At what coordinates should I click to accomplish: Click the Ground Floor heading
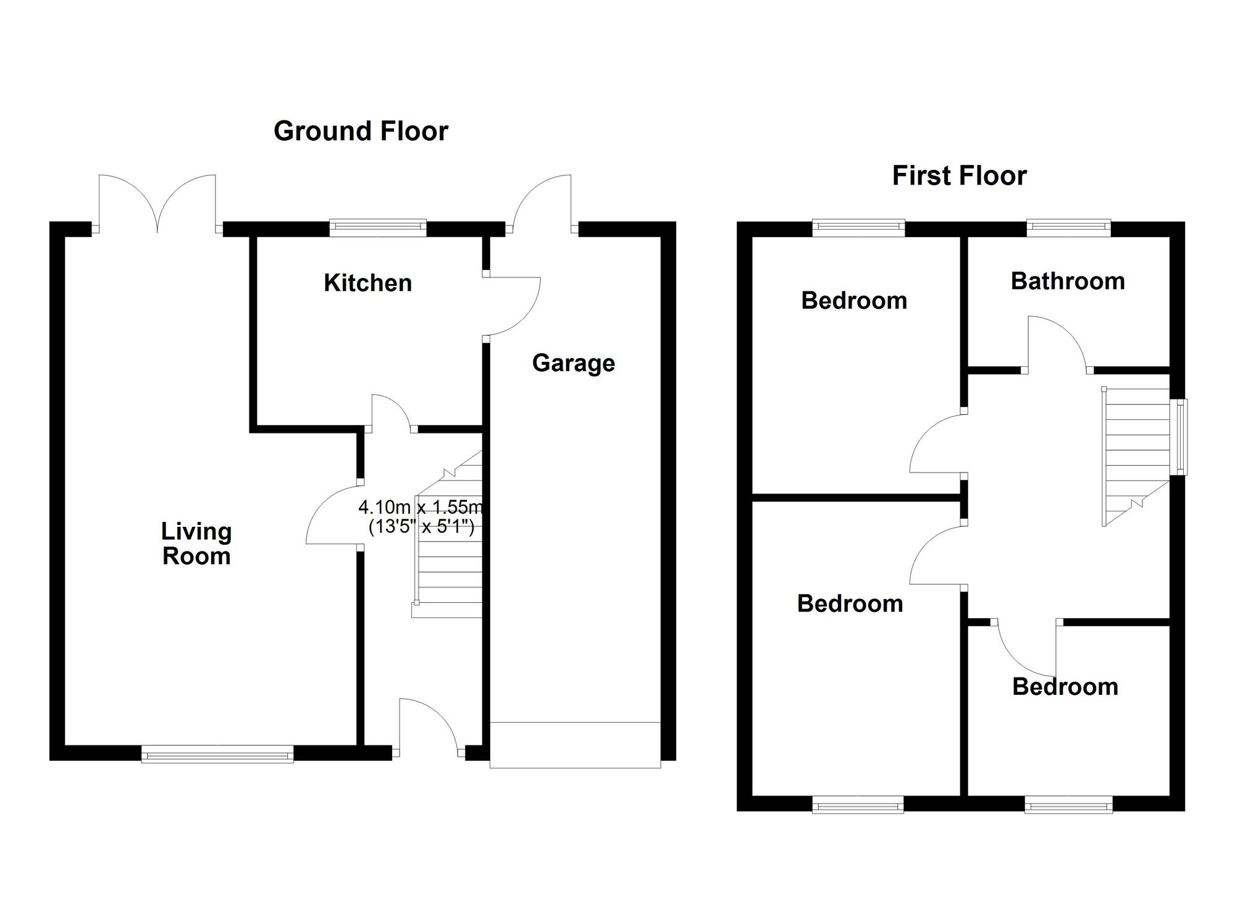click(361, 131)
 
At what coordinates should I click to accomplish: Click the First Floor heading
click(959, 176)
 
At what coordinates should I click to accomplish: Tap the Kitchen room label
click(367, 283)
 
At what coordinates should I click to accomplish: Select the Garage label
click(573, 363)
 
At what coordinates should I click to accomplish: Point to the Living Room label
click(196, 543)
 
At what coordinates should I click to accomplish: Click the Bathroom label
click(1068, 281)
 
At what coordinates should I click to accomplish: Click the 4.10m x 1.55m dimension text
click(421, 508)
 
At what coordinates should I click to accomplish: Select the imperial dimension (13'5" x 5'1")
click(421, 527)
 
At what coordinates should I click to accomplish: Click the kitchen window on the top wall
click(378, 228)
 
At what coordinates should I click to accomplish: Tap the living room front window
click(217, 754)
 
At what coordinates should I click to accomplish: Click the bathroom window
click(1069, 228)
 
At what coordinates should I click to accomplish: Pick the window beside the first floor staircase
click(1180, 437)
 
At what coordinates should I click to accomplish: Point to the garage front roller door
click(575, 745)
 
